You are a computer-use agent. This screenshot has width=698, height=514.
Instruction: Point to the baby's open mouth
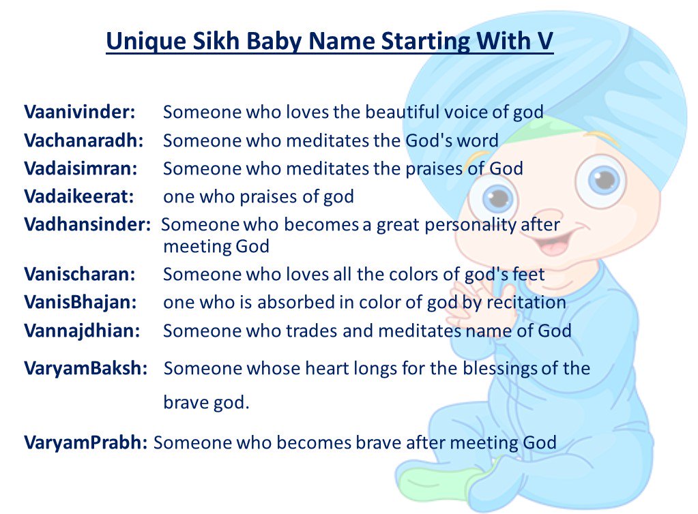tap(553, 243)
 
